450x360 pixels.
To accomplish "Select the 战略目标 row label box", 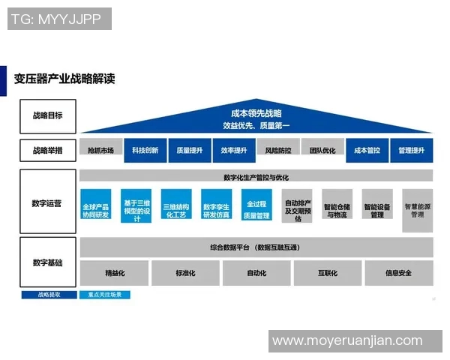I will pos(47,116).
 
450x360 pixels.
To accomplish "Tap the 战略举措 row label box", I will pos(47,150).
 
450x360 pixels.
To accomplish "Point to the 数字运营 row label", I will pos(47,202).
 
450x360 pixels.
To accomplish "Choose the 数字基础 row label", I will pos(47,262).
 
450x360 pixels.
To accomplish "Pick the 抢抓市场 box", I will pos(100,150).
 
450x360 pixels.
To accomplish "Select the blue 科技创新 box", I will pos(145,150).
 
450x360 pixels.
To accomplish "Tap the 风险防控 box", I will pos(278,150).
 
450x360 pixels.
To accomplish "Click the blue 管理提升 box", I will pos(412,150).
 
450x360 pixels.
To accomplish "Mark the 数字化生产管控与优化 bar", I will pos(256,177).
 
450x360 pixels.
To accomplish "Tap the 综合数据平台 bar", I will pos(256,247).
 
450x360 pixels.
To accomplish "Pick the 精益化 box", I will pos(114,273).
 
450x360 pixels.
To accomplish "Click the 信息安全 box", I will pos(398,273).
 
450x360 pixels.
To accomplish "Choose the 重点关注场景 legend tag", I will pos(105,295).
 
